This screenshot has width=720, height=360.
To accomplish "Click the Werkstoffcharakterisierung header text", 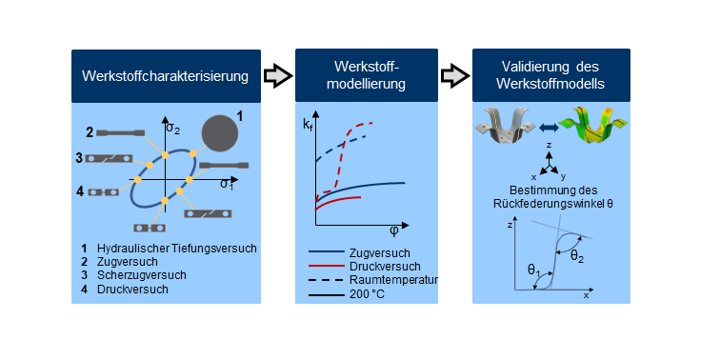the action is [166, 76].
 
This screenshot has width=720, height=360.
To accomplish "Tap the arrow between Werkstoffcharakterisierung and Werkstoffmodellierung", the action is [278, 76].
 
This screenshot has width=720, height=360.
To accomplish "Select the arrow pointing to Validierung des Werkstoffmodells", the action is [455, 76].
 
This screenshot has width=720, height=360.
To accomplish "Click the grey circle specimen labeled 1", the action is [220, 133].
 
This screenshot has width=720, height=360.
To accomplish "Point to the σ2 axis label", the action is [173, 128].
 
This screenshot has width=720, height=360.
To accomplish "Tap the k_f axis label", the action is [307, 124].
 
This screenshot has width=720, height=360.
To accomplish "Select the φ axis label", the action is [394, 231].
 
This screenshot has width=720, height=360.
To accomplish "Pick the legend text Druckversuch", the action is [385, 267].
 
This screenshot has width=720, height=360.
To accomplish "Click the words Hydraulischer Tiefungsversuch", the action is [177, 249].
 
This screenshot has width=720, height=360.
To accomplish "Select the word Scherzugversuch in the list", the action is [142, 275].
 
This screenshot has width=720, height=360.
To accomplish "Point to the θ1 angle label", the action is [533, 270].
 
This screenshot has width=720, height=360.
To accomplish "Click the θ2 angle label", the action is [577, 257].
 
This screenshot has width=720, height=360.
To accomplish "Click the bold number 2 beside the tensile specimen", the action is [90, 133].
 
